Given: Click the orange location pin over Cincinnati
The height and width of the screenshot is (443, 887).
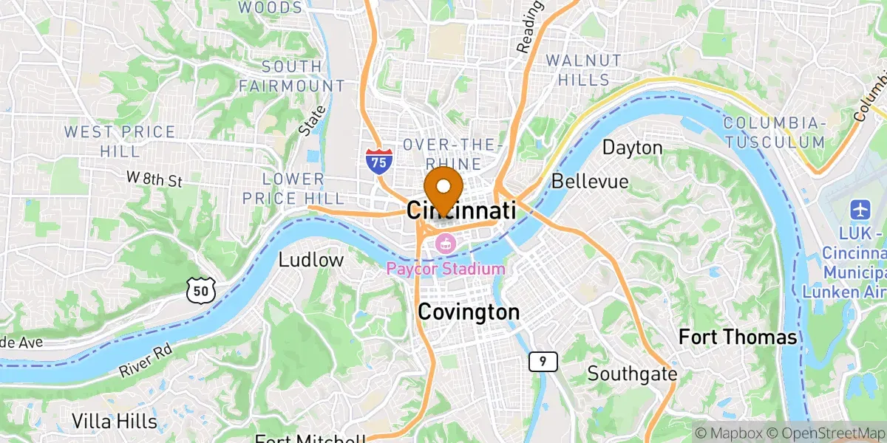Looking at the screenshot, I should pyautogui.click(x=443, y=188).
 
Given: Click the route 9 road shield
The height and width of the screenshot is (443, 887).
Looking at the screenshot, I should pyautogui.click(x=543, y=361).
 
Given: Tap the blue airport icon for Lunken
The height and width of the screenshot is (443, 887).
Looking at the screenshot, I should pyautogui.click(x=860, y=209).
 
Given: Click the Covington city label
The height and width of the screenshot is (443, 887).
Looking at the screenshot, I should pyautogui.click(x=468, y=312).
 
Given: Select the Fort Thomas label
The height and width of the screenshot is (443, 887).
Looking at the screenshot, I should pyautogui.click(x=738, y=338).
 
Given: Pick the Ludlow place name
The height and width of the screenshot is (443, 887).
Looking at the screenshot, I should pyautogui.click(x=311, y=260).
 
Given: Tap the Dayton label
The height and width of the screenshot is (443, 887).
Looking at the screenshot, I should pyautogui.click(x=632, y=148).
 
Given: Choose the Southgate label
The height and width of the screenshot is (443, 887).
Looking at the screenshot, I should pyautogui.click(x=632, y=374).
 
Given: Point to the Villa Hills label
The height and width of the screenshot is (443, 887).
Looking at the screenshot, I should pyautogui.click(x=115, y=422).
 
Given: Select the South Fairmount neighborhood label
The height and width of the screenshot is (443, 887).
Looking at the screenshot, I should pyautogui.click(x=291, y=76).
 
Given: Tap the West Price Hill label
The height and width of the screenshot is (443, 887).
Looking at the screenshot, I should pyautogui.click(x=120, y=142).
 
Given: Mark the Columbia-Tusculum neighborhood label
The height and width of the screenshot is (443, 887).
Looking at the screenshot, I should pyautogui.click(x=774, y=131).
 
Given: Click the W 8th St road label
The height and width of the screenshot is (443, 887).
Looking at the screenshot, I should pyautogui.click(x=154, y=179).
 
